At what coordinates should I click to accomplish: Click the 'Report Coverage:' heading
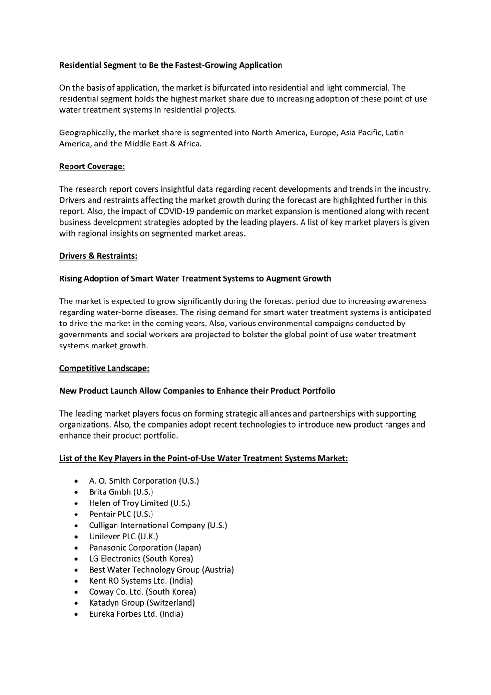(92, 167)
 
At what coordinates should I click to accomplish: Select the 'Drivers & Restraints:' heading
(98, 256)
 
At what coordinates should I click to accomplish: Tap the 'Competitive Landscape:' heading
(104, 368)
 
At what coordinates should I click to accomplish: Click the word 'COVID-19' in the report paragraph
(174, 211)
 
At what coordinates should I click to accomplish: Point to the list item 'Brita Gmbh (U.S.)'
(121, 492)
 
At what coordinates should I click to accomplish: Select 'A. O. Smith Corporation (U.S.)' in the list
(144, 481)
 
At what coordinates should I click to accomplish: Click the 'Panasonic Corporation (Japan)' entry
(145, 548)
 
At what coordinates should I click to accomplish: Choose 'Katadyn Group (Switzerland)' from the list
(142, 603)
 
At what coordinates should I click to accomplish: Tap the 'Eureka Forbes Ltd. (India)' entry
(136, 614)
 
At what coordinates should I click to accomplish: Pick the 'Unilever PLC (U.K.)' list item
(123, 537)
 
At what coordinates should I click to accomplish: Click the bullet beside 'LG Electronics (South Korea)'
(76, 559)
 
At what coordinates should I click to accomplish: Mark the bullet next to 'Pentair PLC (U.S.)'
(76, 515)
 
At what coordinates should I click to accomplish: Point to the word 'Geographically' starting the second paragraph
(87, 133)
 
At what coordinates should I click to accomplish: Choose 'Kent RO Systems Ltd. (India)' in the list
(141, 581)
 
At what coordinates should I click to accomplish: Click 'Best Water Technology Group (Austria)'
(161, 570)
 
